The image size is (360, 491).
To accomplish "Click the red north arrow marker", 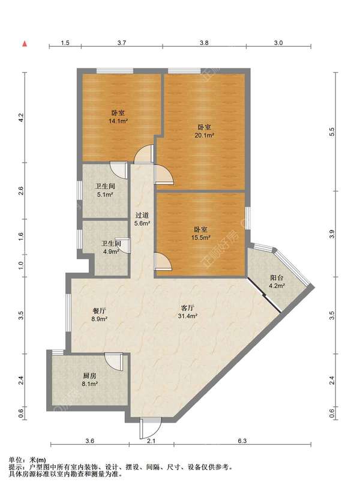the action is coord(24,44).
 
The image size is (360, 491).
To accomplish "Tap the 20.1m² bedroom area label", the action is coord(204,131).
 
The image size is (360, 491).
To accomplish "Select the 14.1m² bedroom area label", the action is coord(118,117).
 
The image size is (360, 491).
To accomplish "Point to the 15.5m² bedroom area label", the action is coord(200,233).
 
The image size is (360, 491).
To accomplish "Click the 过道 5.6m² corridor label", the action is coord(142,219).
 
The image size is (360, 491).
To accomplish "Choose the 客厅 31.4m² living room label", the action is coord(188,312).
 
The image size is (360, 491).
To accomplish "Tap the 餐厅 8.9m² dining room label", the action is coord(99,315).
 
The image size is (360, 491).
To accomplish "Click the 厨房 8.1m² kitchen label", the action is coord(90,379).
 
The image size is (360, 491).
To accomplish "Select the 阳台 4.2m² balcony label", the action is coord(277,282).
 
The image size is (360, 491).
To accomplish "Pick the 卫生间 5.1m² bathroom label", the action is coord(105,190).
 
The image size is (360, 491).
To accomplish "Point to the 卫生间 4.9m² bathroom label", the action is coord(111,247).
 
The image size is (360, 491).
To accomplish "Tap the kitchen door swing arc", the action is coord(113,362).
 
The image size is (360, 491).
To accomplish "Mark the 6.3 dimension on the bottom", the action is coord(242,441).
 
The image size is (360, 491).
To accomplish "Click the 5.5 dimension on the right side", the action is coord(332,131).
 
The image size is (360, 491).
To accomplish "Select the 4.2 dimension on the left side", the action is coord(21,118).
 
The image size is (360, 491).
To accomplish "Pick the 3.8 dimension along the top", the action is coord(204,43).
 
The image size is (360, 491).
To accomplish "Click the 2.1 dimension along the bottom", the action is coord(152,441).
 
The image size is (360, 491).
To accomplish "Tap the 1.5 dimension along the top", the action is coord(65,43).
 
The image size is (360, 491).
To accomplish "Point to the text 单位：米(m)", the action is coord(27,460).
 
